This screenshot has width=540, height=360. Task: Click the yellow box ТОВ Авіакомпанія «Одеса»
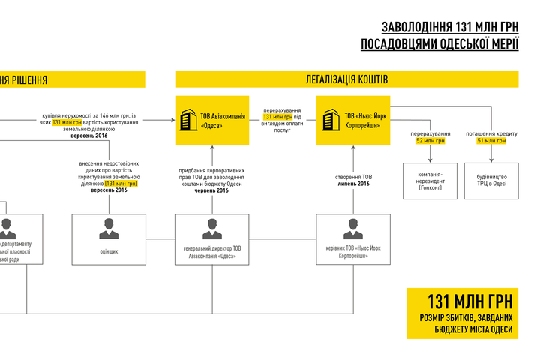point(212,121)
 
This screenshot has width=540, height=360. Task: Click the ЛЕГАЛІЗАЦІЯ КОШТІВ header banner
point(346,79)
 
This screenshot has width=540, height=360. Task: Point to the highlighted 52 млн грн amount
point(430,141)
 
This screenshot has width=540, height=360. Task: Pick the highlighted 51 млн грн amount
point(491,141)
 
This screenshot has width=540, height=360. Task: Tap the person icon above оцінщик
point(109,229)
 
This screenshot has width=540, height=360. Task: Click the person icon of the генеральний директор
point(212,229)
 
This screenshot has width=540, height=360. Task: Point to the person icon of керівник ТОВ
point(353,229)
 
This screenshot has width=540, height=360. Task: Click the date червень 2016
point(212,190)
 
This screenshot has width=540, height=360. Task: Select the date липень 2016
point(354,184)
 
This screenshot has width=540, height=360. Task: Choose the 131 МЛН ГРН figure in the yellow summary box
point(470,301)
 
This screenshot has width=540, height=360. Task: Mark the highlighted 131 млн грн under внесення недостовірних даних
point(121,184)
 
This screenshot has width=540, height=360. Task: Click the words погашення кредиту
point(492,133)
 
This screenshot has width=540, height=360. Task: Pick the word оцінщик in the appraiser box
point(109,251)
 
